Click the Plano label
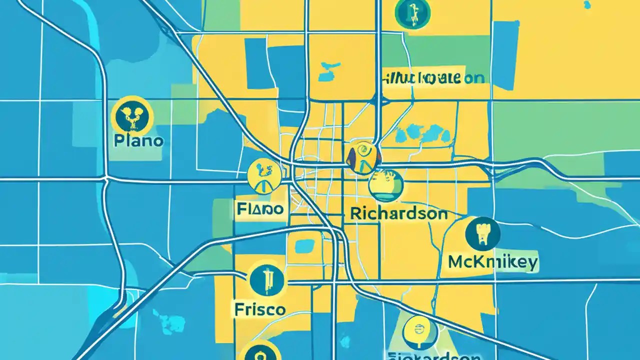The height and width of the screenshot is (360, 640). (x=138, y=140)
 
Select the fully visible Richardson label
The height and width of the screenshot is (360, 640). (x=398, y=213)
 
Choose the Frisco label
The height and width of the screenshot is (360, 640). (x=259, y=309)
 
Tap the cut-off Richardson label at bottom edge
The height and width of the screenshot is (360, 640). (x=434, y=356)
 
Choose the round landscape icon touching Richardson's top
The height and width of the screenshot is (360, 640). (x=386, y=186)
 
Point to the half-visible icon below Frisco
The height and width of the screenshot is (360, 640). (x=258, y=351)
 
